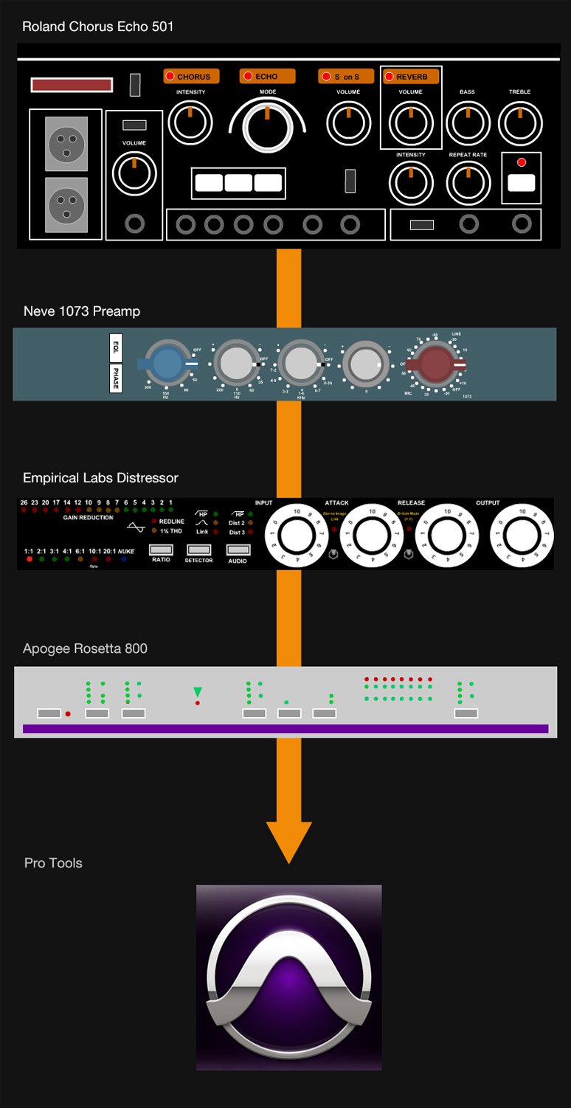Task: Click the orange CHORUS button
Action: point(191,76)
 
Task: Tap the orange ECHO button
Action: point(267,76)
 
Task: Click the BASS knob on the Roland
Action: point(468,122)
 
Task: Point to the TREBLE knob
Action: point(520,122)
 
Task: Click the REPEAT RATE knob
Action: point(468,184)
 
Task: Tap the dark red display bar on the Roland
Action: point(72,85)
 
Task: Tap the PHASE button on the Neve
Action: point(116,378)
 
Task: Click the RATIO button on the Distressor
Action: point(161,550)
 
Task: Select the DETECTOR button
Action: point(198,550)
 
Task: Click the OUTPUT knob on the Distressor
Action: point(522,535)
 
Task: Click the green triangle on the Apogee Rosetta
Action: point(197,692)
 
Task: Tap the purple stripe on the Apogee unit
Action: point(285,729)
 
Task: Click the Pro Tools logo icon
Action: point(288,977)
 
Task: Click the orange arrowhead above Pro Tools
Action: point(288,840)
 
